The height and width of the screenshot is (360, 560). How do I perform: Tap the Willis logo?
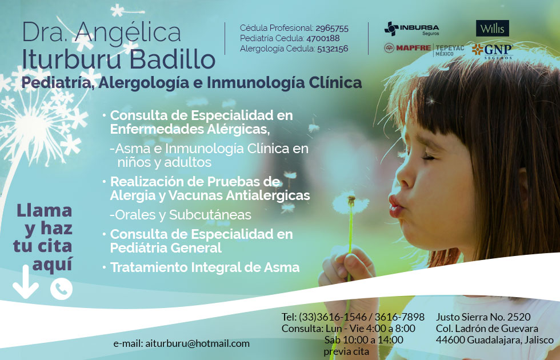click(x=492, y=28)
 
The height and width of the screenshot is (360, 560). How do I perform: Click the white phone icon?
click(x=61, y=289)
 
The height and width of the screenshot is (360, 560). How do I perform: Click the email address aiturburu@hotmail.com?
click(x=198, y=343)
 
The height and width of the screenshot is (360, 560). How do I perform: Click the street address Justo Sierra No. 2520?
click(x=483, y=317)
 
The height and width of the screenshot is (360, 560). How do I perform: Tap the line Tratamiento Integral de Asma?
click(x=205, y=267)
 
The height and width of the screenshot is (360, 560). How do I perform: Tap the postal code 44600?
click(x=450, y=340)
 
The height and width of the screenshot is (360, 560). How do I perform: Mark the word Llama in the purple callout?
click(x=45, y=210)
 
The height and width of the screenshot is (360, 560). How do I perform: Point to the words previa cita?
click(x=346, y=351)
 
